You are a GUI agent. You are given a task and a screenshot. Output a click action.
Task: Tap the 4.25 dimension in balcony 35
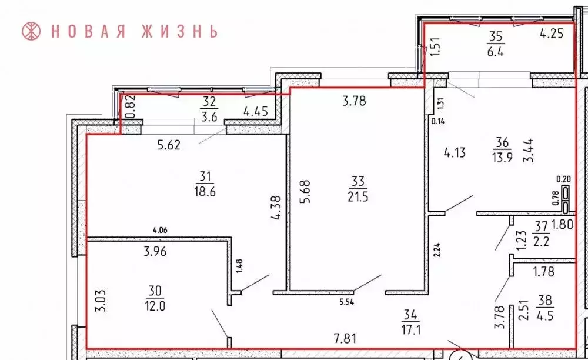(x=552, y=34)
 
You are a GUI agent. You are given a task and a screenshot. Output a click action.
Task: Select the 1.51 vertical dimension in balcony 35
(x=436, y=46)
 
